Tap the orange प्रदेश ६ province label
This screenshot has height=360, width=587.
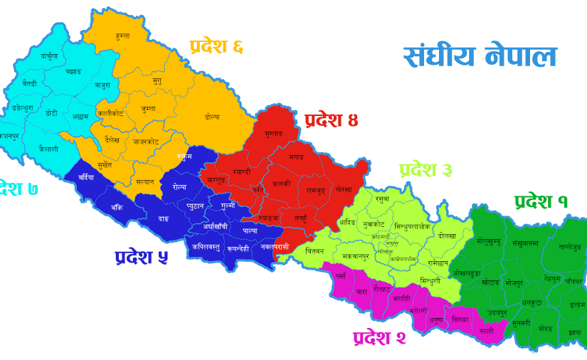point(217,47)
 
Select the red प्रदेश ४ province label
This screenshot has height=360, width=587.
point(331,120)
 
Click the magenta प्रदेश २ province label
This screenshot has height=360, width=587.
point(379,337)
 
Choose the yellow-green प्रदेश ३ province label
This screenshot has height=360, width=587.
point(425,171)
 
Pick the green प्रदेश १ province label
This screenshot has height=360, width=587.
point(541,202)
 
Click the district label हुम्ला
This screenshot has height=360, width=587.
point(122,35)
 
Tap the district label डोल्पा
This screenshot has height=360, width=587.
point(212,117)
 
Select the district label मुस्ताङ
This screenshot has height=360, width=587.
point(273,134)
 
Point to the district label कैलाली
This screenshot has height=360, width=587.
point(48,149)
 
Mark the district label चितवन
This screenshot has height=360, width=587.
point(314,251)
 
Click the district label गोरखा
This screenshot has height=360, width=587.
point(344,191)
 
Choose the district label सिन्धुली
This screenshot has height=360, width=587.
point(430,281)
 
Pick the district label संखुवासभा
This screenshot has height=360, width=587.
point(526,242)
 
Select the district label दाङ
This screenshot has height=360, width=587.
point(163,218)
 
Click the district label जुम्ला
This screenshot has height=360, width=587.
point(148,109)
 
